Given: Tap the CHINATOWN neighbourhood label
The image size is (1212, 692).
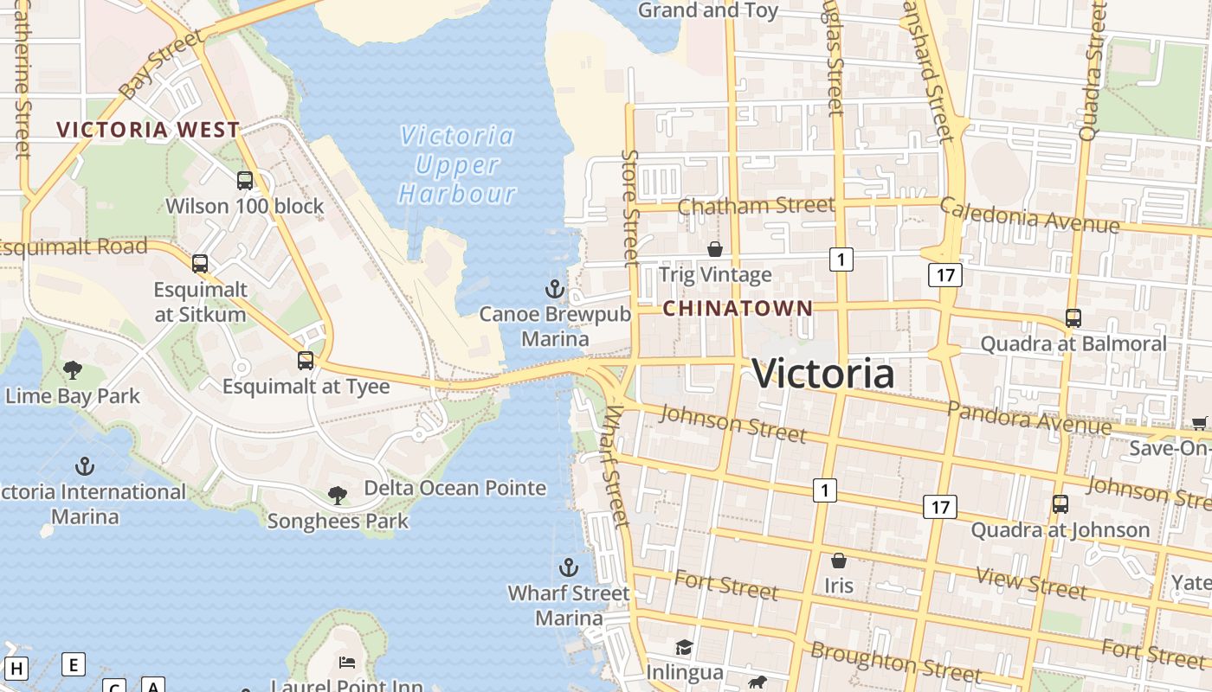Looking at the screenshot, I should point(738,308).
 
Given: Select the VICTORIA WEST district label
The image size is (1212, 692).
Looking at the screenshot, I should point(148,130).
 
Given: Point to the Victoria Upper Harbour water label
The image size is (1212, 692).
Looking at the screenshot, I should point(457,164).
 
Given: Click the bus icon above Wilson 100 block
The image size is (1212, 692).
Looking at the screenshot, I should point(245,181).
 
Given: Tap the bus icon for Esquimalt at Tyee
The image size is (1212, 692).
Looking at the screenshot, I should point(306,361).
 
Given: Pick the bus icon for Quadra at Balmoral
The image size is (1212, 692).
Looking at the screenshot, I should point(1073,318).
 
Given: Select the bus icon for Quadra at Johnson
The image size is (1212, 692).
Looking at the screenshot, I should point(1060,503).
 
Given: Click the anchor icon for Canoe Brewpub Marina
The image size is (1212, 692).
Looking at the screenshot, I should point(554,288).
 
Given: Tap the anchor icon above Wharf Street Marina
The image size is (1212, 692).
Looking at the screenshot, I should point(569,567).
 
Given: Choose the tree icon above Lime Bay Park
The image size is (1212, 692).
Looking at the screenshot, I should point(73,370).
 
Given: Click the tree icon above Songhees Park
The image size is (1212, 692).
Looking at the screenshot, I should point(338,496).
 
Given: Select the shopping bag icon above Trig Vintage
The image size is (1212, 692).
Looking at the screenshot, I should point(715,249).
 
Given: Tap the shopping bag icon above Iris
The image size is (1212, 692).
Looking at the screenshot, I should point(838,561).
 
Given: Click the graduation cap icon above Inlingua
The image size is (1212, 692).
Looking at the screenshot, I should point(684,647).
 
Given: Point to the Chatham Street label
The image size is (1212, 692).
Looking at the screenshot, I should point(756,206).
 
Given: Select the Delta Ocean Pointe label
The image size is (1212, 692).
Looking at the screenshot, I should point(455,488).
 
